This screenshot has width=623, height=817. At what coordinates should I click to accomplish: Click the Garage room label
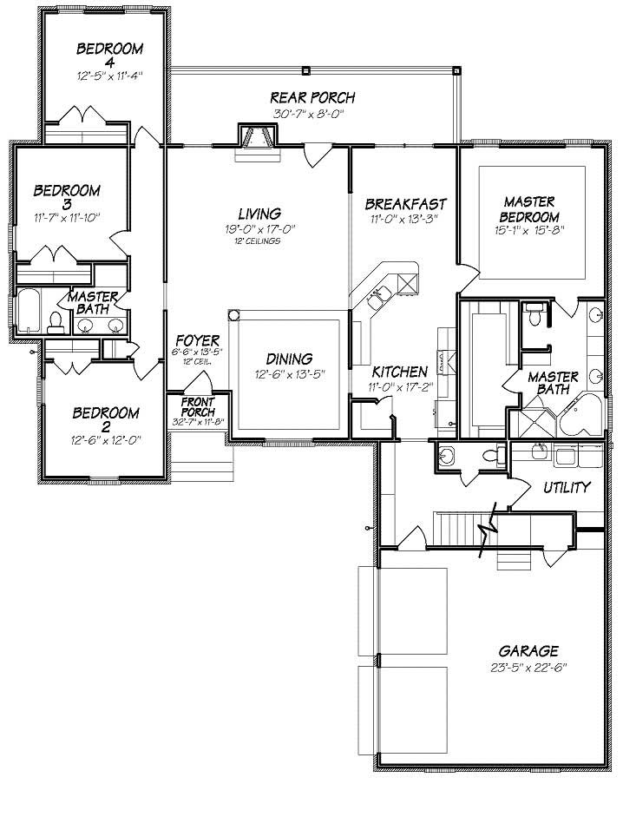[528, 650]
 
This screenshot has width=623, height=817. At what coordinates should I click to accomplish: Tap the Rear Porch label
[312, 98]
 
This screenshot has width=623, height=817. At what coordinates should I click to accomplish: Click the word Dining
[289, 359]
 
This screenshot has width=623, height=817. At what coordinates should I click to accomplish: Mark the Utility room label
[567, 487]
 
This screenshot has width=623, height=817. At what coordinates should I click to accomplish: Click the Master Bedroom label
[528, 208]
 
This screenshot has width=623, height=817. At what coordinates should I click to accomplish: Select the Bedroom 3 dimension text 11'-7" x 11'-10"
[67, 215]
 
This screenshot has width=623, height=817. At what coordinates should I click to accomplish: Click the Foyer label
[197, 340]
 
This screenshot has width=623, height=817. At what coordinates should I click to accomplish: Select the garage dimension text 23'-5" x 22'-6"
[528, 668]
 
